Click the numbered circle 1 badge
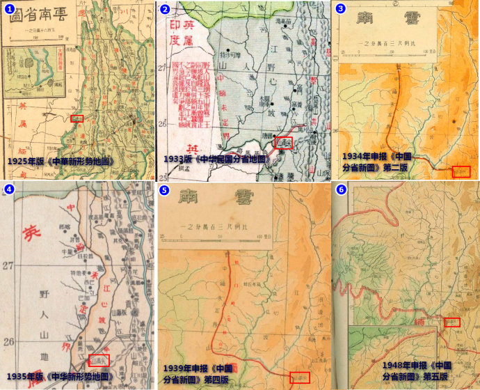(9, 9)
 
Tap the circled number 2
(165, 9)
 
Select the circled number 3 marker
(340, 9)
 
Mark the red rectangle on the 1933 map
(284, 143)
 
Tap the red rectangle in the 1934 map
(461, 171)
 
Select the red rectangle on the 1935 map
(99, 361)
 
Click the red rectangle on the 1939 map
(300, 377)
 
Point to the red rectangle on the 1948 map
(452, 322)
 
